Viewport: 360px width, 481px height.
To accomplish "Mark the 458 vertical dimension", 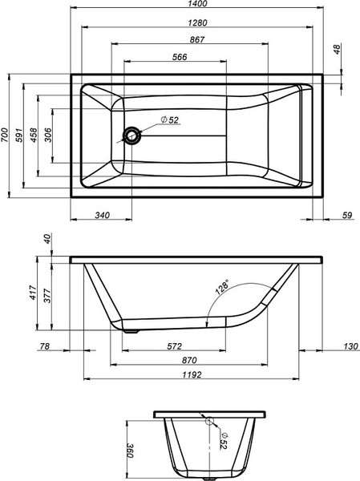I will (x=36, y=135).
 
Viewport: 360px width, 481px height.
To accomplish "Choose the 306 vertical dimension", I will (x=51, y=135).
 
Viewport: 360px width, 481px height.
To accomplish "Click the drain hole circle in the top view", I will (x=131, y=135).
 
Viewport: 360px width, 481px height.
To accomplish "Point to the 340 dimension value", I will (x=102, y=214).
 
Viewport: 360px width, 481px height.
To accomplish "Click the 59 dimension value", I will (x=346, y=214).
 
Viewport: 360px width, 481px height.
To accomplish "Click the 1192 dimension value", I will (x=191, y=374).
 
